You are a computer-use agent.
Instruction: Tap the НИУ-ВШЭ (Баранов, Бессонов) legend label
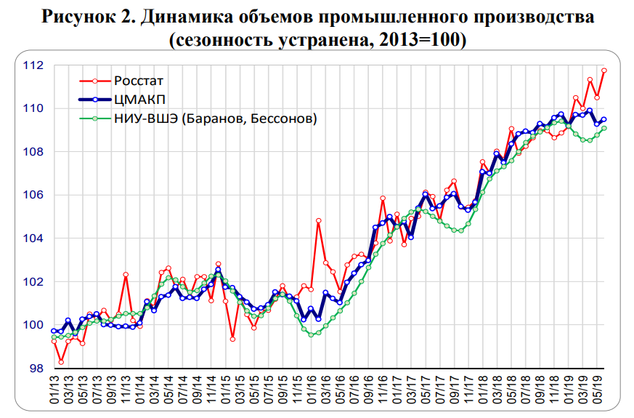(215, 118)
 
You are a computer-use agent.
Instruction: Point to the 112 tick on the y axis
(34, 65)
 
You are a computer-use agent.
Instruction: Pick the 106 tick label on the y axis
(34, 195)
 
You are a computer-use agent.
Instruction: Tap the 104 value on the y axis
(34, 238)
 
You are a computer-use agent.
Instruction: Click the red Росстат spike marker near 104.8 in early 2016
(318, 220)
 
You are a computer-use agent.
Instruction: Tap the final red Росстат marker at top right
(604, 71)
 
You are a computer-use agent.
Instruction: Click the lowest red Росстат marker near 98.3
(62, 361)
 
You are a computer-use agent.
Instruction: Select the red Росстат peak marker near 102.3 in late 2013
(126, 275)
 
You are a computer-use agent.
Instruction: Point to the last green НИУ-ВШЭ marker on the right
(604, 128)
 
